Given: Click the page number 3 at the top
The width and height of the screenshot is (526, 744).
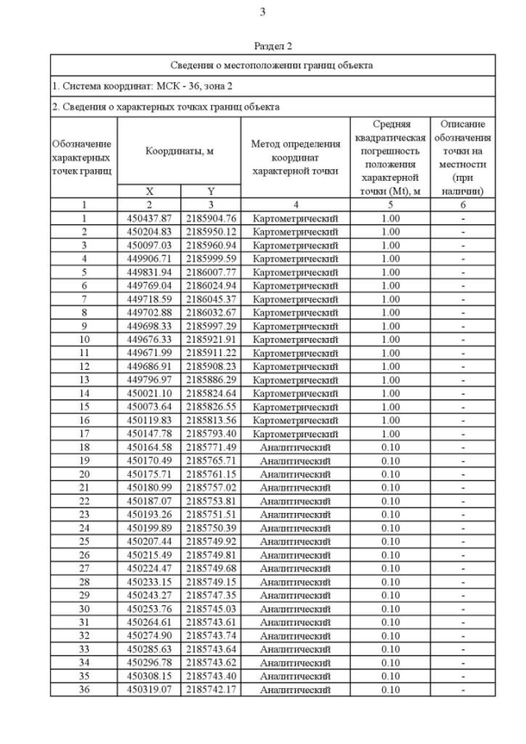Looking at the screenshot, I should pyautogui.click(x=262, y=12).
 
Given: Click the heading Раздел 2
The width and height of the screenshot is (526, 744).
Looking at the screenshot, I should pyautogui.click(x=273, y=48).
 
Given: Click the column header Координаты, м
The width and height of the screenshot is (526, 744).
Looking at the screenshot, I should pyautogui.click(x=179, y=151).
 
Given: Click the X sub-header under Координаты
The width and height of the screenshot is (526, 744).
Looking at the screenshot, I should pyautogui.click(x=149, y=190).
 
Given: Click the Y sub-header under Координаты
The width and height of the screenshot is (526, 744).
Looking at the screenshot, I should pyautogui.click(x=210, y=190).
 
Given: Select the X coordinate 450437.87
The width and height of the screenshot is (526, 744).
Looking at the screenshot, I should pyautogui.click(x=149, y=218).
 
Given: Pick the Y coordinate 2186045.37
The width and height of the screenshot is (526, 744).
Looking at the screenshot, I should pyautogui.click(x=210, y=298).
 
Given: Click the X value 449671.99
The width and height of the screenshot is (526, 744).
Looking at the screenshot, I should pyautogui.click(x=149, y=352).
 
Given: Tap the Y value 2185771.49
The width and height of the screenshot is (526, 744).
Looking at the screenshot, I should pyautogui.click(x=210, y=446).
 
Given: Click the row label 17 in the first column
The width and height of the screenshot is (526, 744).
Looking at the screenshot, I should pyautogui.click(x=84, y=433).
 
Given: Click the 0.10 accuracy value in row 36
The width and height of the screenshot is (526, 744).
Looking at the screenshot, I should pyautogui.click(x=390, y=689).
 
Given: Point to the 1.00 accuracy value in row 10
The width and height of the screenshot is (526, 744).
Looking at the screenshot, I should pyautogui.click(x=390, y=339).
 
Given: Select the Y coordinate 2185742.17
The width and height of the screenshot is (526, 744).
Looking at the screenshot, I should pyautogui.click(x=210, y=689).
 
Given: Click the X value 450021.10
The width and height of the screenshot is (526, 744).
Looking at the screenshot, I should pyautogui.click(x=149, y=393).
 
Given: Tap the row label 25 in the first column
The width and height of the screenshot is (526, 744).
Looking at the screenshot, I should pyautogui.click(x=84, y=541).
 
